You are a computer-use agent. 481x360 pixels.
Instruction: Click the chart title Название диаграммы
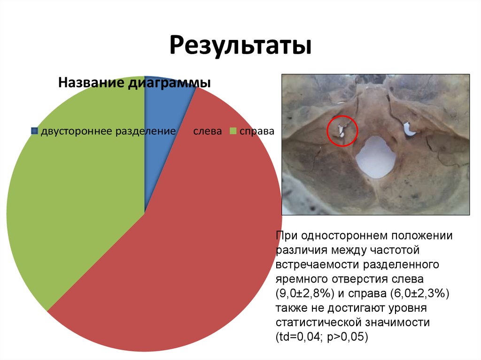point(134,83)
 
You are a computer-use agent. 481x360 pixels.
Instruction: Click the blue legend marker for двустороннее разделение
point(34,131)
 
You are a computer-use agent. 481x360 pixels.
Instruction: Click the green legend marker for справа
point(233,131)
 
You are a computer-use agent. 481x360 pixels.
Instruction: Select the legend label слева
point(207,131)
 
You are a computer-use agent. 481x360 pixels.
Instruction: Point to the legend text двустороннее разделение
point(108,131)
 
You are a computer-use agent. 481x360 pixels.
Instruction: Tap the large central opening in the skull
point(374,157)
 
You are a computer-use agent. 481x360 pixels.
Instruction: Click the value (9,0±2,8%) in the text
point(305,294)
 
